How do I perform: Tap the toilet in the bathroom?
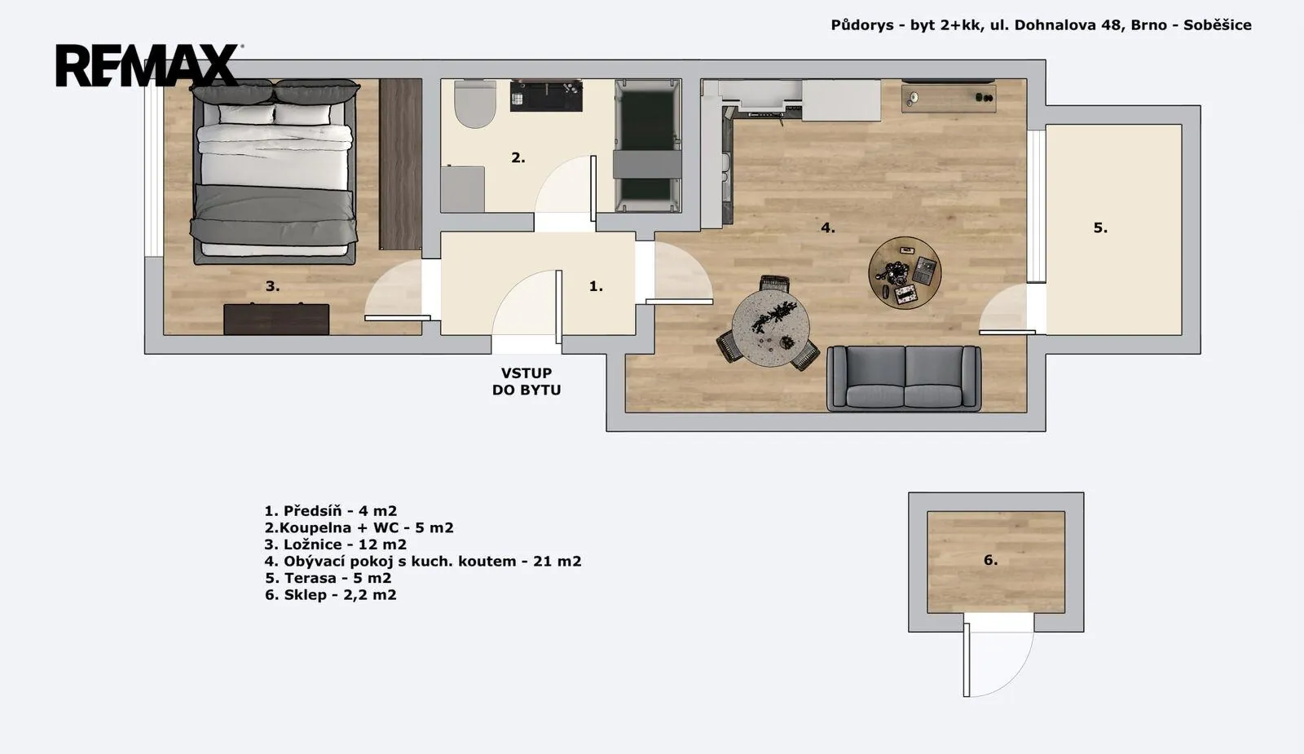coord(475,104)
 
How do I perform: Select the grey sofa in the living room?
coord(904,378)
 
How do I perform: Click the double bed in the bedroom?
coord(274,172)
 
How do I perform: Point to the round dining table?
coord(770,328)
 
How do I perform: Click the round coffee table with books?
coord(905,272)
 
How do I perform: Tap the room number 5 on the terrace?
coord(1100,227)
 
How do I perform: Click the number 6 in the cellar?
coord(990,560)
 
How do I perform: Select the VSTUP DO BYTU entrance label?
coord(526,381)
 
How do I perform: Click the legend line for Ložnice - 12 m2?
coord(335,545)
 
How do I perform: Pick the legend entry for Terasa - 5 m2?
coord(328,578)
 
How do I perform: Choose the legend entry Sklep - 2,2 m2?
coord(330,595)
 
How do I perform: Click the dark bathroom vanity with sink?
coord(546,95)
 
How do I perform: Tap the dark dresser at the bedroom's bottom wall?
coord(276,319)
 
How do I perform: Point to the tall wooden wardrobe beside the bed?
coord(400,164)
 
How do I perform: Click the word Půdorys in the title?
coord(862,25)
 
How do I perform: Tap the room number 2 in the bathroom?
coord(518,157)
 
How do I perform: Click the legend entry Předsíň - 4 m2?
coord(331,510)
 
